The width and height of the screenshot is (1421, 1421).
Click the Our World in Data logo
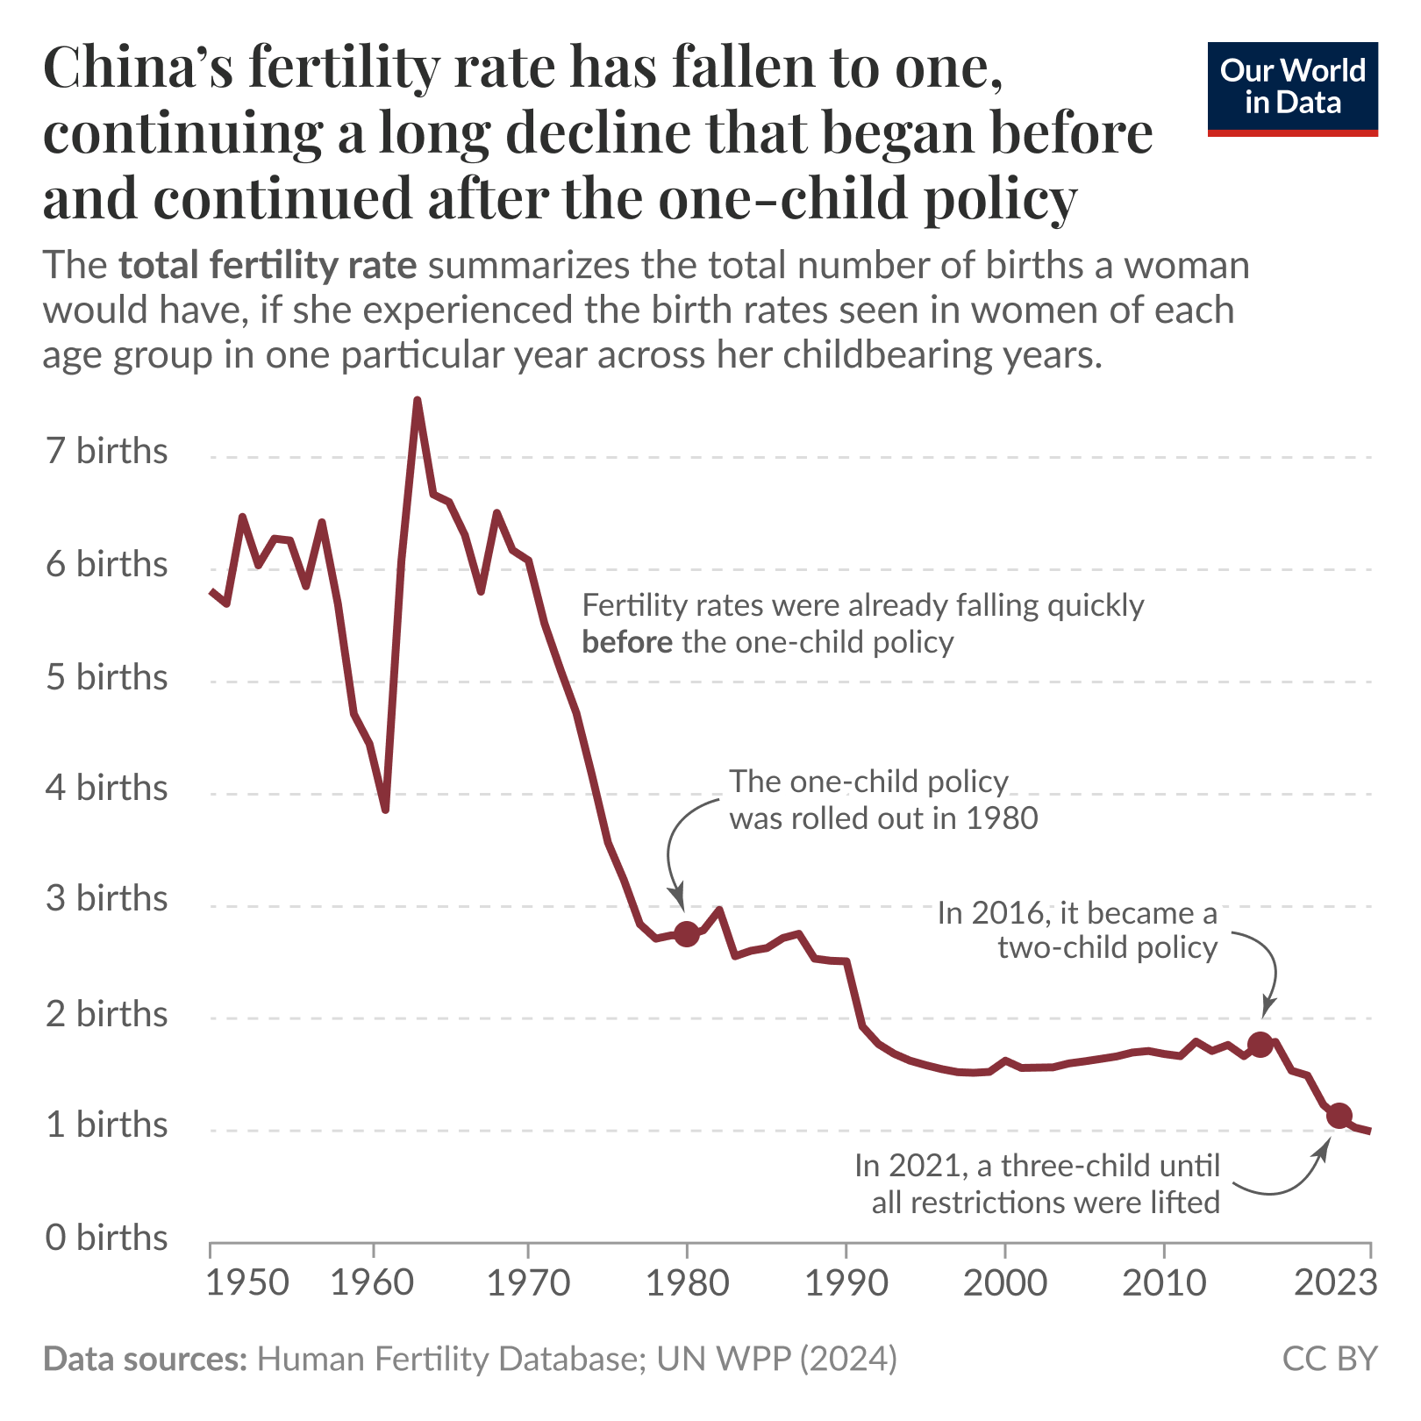click(1292, 88)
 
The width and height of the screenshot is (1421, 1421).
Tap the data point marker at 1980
click(686, 934)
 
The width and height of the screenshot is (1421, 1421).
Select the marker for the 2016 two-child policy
click(1260, 1044)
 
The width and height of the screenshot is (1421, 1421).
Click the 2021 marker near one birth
click(1339, 1116)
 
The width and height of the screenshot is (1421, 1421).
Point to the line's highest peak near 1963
click(418, 401)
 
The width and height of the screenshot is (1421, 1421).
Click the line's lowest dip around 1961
click(385, 809)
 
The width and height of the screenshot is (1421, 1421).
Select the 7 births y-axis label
click(106, 451)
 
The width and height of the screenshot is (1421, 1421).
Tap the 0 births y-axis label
click(106, 1238)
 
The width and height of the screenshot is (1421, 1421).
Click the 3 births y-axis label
click(106, 899)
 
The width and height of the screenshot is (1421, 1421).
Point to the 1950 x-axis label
click(247, 1283)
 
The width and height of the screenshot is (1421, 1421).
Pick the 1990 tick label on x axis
click(846, 1283)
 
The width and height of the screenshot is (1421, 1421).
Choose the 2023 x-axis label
click(1335, 1283)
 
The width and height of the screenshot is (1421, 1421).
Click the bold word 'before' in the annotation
click(627, 643)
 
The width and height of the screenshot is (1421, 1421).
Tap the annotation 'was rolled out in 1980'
click(883, 818)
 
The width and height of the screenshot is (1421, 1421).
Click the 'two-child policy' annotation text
click(1107, 948)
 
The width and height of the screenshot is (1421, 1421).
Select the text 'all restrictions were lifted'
click(1046, 1203)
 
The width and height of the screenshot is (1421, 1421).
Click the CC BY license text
click(1329, 1359)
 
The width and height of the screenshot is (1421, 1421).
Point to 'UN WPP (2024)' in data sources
click(776, 1359)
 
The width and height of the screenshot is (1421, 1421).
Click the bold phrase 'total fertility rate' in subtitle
click(268, 266)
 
